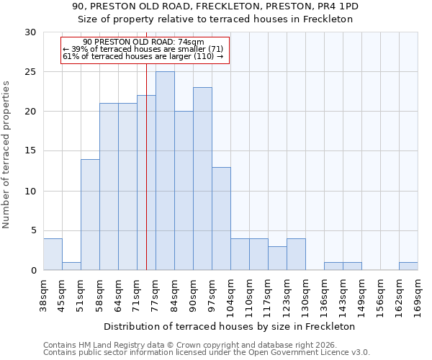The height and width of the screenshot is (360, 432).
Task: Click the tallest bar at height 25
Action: [165, 171]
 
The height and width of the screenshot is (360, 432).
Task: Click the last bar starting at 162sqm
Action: [408, 266]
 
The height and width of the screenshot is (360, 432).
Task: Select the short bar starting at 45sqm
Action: [71, 266]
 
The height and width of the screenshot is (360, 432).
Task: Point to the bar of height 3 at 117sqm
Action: [277, 258]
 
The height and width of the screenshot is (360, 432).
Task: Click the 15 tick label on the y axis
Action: [30, 151]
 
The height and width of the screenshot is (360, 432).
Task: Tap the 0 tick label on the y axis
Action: [32, 271]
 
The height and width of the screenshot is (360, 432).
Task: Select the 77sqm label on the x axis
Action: [155, 293]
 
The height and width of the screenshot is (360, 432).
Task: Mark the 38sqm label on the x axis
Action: [43, 293]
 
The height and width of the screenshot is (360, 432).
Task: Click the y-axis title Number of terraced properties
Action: [6, 155]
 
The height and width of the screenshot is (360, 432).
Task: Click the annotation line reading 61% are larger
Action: [143, 56]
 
